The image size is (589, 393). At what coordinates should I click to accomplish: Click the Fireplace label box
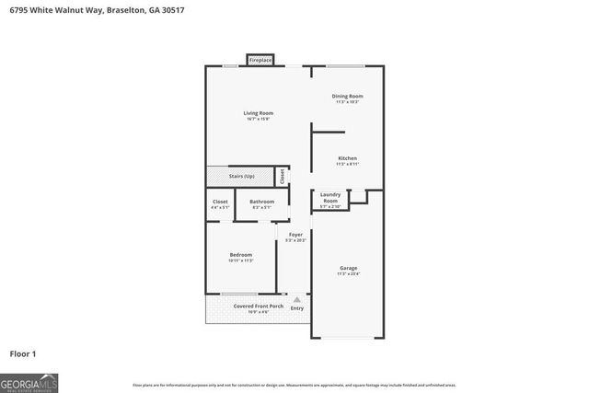(x=260, y=60)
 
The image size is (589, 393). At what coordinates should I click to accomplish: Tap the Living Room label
(x=259, y=113)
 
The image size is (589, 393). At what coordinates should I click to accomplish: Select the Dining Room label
(x=347, y=96)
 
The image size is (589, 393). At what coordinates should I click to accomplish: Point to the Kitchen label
(x=347, y=158)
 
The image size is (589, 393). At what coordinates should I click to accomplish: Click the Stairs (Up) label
(x=242, y=175)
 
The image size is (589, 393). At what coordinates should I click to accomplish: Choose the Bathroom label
(x=261, y=202)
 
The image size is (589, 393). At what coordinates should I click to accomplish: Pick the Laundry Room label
(x=330, y=197)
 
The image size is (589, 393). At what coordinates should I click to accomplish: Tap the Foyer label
(x=295, y=235)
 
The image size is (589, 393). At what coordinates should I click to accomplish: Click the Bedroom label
(x=240, y=255)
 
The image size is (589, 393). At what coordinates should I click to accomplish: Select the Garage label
(x=348, y=268)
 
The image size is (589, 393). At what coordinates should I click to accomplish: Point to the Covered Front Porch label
(x=251, y=306)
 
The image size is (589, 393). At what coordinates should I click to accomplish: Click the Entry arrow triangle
(x=296, y=299)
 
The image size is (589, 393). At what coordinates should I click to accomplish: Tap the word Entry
(x=297, y=307)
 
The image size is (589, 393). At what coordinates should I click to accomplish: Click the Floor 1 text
(x=23, y=353)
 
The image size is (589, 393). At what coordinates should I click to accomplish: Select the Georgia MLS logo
(x=29, y=381)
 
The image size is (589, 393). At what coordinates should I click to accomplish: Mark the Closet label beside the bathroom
(x=220, y=202)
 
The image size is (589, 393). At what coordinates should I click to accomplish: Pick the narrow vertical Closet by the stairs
(x=283, y=175)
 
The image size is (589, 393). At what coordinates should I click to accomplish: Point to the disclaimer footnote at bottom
(x=294, y=385)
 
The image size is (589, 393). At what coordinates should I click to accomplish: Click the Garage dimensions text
(x=348, y=273)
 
